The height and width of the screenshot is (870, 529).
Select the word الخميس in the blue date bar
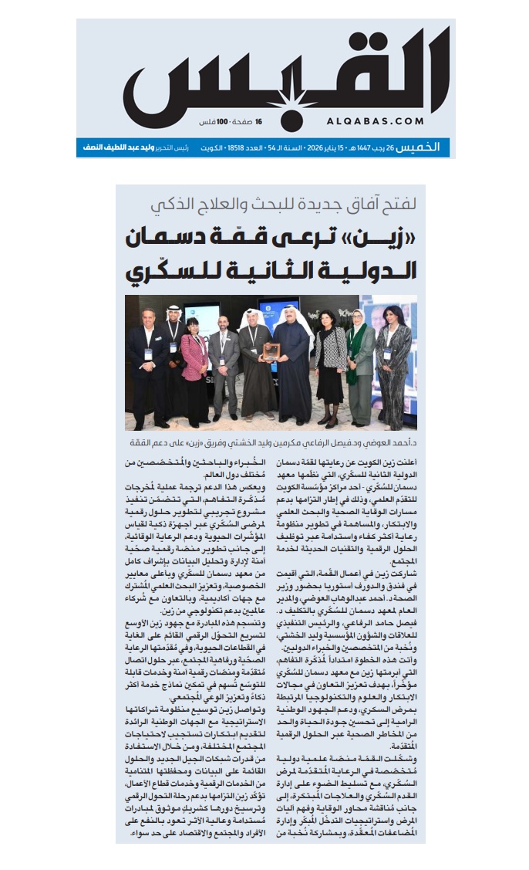coord(432,147)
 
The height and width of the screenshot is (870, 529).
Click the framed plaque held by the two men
coord(270,351)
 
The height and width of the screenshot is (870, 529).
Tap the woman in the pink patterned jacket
coord(194,363)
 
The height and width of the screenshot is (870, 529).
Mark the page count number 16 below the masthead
coord(259,122)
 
